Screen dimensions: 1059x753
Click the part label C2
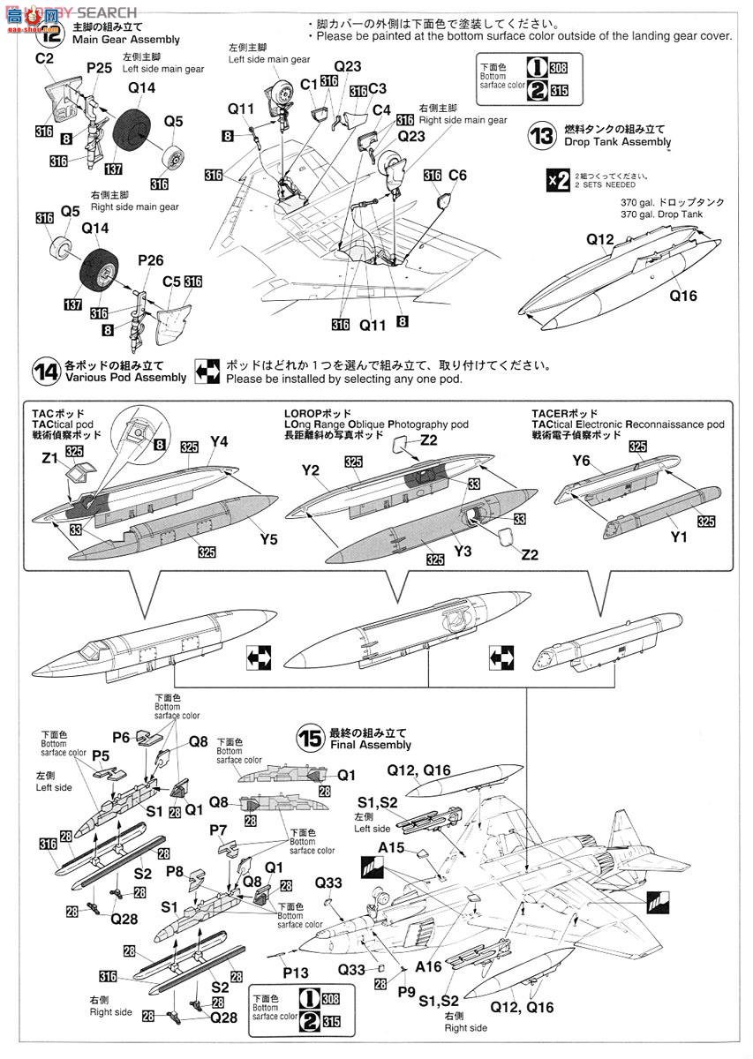pyautogui.click(x=45, y=58)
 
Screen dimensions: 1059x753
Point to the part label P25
pyautogui.click(x=99, y=67)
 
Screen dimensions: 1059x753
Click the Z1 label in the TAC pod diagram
pyautogui.click(x=50, y=457)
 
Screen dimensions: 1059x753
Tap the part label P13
pyautogui.click(x=297, y=971)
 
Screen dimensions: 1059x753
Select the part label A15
pyautogui.click(x=391, y=847)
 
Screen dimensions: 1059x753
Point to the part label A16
pyautogui.click(x=428, y=966)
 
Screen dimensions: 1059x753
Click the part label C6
pyautogui.click(x=456, y=176)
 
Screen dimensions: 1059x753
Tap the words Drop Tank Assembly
pyautogui.click(x=621, y=142)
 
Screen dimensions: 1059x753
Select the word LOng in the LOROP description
pyautogui.click(x=299, y=424)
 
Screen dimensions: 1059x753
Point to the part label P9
pyautogui.click(x=405, y=989)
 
